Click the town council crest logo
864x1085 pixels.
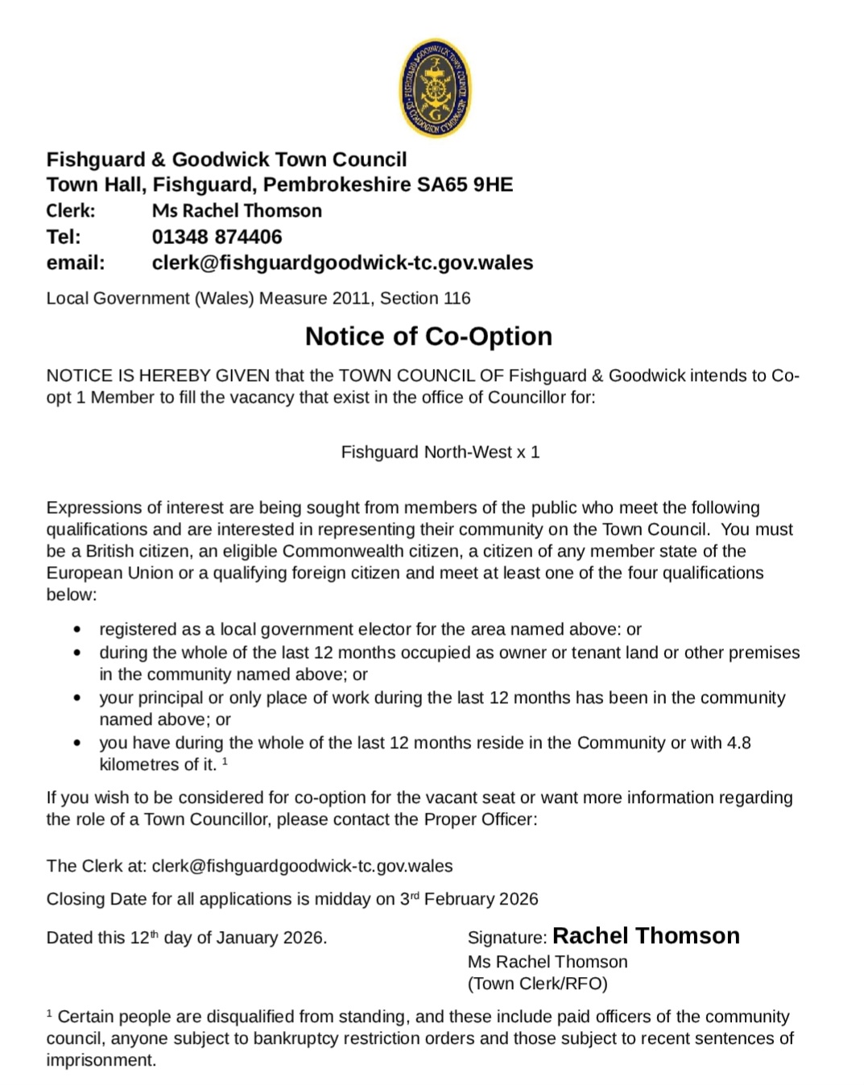pos(435,88)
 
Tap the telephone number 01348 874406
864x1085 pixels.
pos(217,237)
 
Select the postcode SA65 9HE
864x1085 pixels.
pos(465,184)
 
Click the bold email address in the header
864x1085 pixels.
pos(342,263)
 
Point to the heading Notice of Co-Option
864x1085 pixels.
pos(428,336)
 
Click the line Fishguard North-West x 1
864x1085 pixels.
pos(440,452)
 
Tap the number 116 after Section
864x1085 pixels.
pos(457,298)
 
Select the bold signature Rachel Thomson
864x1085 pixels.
pos(646,936)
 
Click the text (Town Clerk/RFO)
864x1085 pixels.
pos(537,984)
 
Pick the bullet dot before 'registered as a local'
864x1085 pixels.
pos(77,630)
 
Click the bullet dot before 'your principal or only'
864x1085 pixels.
pos(77,698)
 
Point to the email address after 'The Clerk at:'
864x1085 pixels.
pos(302,866)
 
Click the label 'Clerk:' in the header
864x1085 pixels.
pos(71,211)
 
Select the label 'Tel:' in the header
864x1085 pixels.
pos(64,237)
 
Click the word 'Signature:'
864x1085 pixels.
pos(506,938)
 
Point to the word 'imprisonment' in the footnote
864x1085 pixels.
pos(99,1060)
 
